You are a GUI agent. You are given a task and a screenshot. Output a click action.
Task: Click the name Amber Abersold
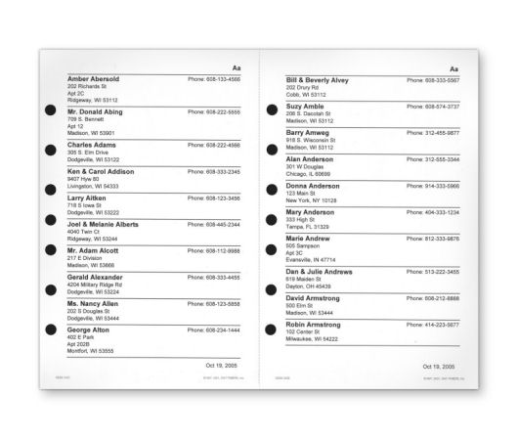tap(93, 78)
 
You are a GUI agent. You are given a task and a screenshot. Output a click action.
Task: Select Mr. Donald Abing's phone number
tap(214, 111)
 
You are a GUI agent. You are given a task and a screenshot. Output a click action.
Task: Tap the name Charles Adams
tap(91, 145)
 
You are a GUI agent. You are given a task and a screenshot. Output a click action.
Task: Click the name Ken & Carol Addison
tap(101, 171)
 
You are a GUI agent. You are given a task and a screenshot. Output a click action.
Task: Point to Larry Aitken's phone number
tap(214, 198)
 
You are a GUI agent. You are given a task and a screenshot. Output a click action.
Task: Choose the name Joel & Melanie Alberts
tap(104, 224)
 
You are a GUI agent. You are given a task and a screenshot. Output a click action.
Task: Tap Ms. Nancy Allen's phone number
tap(214, 304)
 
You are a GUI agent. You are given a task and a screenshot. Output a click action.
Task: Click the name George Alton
tap(89, 330)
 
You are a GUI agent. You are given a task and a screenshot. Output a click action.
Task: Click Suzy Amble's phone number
tap(433, 106)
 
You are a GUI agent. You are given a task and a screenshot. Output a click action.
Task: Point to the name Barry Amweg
tap(308, 131)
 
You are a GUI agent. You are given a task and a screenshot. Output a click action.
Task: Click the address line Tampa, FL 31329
tap(307, 226)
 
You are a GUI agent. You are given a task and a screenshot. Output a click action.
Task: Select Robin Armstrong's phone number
tap(433, 324)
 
